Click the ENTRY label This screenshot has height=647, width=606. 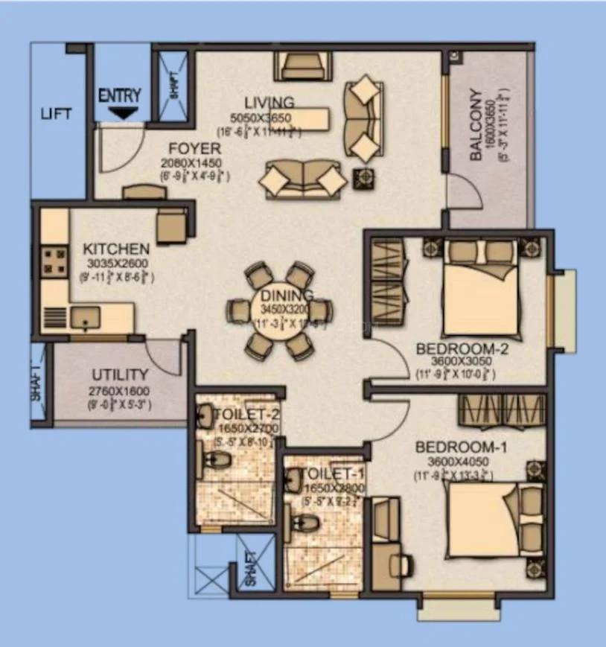pyautogui.click(x=119, y=95)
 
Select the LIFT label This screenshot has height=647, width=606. pyautogui.click(x=57, y=114)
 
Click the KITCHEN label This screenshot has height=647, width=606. pyautogui.click(x=115, y=249)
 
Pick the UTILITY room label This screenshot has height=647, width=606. pyautogui.click(x=120, y=375)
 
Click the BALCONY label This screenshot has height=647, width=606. pyautogui.click(x=477, y=126)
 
